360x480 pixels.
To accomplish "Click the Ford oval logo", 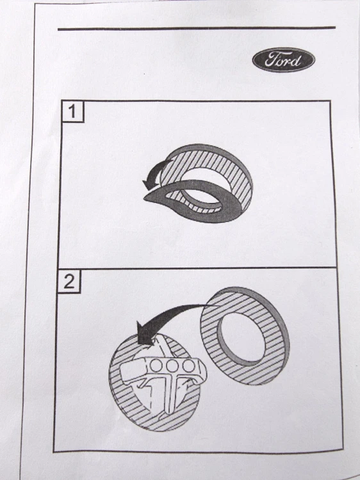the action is pos(284,60).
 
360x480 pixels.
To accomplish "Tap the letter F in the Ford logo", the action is pos(271,59).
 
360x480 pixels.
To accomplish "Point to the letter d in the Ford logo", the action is pos(296,60).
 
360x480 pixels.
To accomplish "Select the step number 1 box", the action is pos(72,111).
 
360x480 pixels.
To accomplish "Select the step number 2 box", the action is pos(69,281).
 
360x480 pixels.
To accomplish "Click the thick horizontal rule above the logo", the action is pos(197,28).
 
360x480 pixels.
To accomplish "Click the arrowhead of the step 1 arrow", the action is pos(149,184).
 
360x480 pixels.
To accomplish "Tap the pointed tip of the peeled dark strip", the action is pos(145,199).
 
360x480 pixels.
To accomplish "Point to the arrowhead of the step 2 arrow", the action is pos(145,333).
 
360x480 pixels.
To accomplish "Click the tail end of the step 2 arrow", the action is pos(217,305).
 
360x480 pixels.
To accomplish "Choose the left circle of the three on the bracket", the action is pos(156,365).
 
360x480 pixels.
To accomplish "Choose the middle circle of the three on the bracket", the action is pos(172,365).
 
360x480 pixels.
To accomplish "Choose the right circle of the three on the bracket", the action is pos(188,365).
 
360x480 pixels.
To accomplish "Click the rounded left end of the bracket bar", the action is pos(125,371).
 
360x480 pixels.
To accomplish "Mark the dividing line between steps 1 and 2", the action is pos(196,268).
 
